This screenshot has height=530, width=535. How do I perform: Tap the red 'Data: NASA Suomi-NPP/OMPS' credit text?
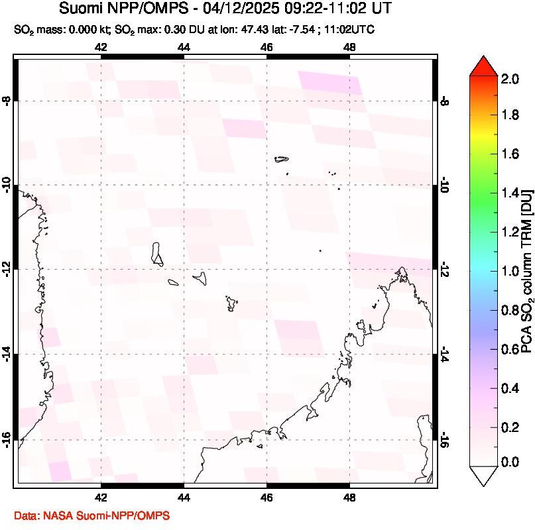92,515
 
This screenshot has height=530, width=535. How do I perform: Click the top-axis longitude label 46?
267,47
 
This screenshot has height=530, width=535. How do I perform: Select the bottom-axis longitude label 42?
101,499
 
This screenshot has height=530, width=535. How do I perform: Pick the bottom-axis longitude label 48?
350,499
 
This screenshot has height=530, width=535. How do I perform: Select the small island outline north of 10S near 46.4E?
282,158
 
